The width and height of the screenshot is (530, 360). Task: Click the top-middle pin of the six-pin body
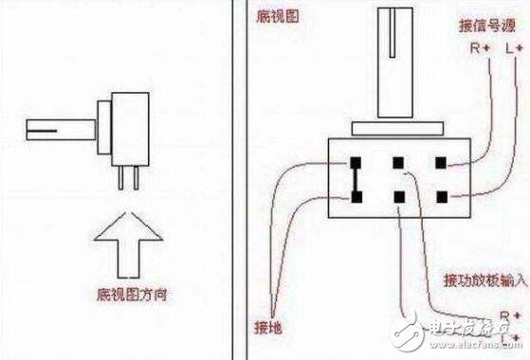pos(398,162)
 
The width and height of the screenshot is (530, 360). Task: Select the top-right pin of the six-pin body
pos(441,162)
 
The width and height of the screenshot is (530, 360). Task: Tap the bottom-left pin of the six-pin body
pos(355,196)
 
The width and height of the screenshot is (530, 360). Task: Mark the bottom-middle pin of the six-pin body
pos(398,196)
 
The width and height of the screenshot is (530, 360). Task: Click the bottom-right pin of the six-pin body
pos(441,196)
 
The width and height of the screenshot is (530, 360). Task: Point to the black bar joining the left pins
pos(355,179)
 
